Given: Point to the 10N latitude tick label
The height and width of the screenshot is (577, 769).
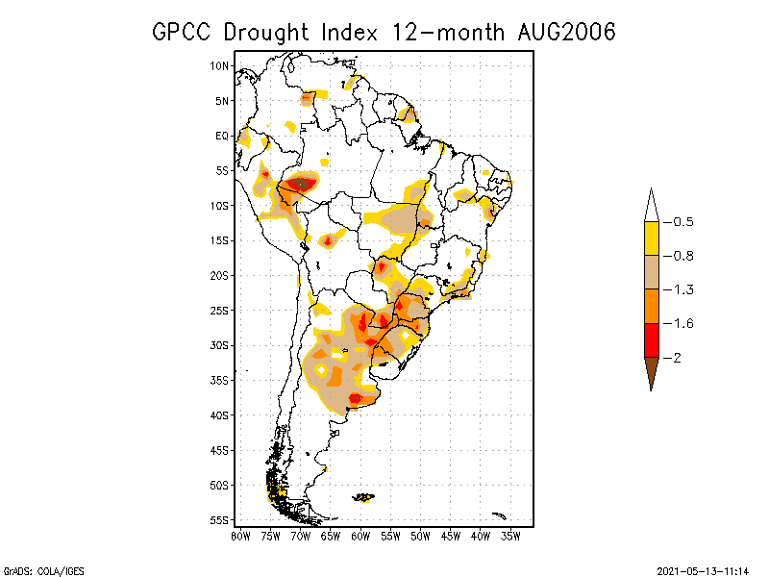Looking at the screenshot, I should [x=219, y=65].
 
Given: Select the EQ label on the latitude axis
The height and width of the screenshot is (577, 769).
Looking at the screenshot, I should [x=222, y=136].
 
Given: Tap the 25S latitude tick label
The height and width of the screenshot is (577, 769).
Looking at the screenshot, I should [x=219, y=311].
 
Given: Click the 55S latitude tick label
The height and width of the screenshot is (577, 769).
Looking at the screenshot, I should [x=219, y=520].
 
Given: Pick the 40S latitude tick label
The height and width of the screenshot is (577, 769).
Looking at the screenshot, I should [x=219, y=415].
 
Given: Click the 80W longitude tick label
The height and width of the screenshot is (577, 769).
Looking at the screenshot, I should [x=240, y=537].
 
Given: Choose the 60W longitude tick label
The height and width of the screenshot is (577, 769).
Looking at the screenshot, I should [x=360, y=537].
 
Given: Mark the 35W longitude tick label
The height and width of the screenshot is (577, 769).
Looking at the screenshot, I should [x=510, y=537].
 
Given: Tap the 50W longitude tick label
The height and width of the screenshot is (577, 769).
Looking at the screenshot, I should [x=420, y=537].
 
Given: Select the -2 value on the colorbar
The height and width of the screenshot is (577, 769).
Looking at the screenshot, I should [x=674, y=358].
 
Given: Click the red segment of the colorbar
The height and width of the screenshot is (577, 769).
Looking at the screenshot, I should [x=651, y=340].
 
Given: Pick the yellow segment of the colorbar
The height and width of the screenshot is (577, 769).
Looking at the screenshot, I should [x=651, y=238].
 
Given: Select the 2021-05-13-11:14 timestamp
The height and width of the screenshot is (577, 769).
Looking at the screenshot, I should [x=703, y=569].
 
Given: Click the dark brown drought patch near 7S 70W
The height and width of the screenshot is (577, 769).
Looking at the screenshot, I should [x=303, y=183].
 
